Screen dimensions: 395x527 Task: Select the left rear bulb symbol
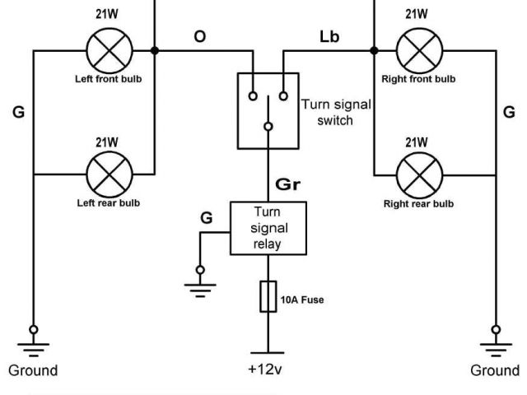pos(109,174)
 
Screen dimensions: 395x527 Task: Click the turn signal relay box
pos(268,228)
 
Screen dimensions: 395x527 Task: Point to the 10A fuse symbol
pos(268,297)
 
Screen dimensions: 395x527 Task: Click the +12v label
pos(265,369)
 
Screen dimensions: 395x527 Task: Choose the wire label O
pos(199,37)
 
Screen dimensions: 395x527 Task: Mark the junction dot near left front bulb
pos(155,50)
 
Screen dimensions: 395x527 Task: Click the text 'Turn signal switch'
pos(335,112)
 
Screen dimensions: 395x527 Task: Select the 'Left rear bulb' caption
pos(109,202)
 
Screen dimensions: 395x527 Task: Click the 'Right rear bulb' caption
pos(417,202)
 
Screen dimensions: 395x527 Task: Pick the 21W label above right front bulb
pos(417,13)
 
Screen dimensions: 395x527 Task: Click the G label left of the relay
pos(206,217)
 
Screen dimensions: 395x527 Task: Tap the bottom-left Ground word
pos(33,370)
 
